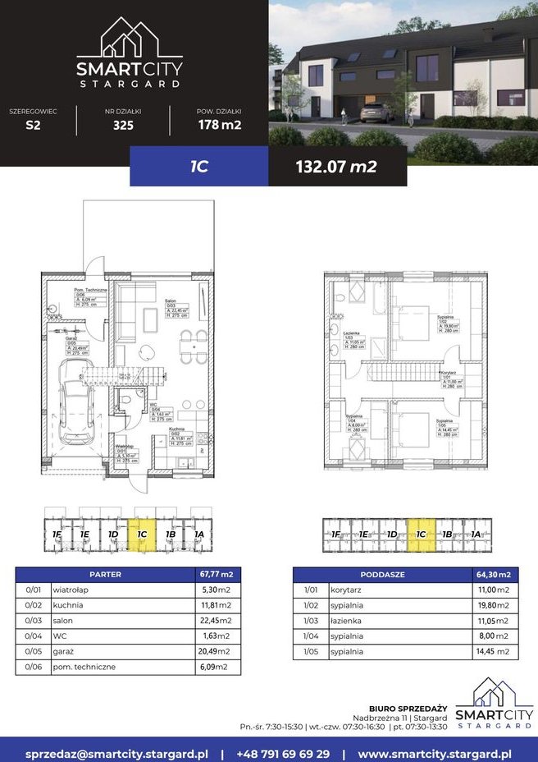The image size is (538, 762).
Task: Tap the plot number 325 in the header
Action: point(123,126)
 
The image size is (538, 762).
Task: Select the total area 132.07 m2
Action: point(336,167)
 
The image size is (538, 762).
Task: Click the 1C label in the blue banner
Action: point(198,167)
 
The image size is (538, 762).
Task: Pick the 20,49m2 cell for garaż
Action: point(217,651)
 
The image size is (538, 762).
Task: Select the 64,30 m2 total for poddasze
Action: point(495,574)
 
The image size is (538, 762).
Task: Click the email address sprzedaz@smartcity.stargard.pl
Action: point(116,752)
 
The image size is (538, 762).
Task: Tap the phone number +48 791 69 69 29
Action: point(283,752)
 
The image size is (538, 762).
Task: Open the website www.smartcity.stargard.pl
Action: point(435,752)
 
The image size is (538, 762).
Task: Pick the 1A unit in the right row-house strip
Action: point(476,535)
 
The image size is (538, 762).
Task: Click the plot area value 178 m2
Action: point(219,126)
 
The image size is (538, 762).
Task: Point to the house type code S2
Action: point(32,126)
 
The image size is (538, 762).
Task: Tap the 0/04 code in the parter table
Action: point(33,636)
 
